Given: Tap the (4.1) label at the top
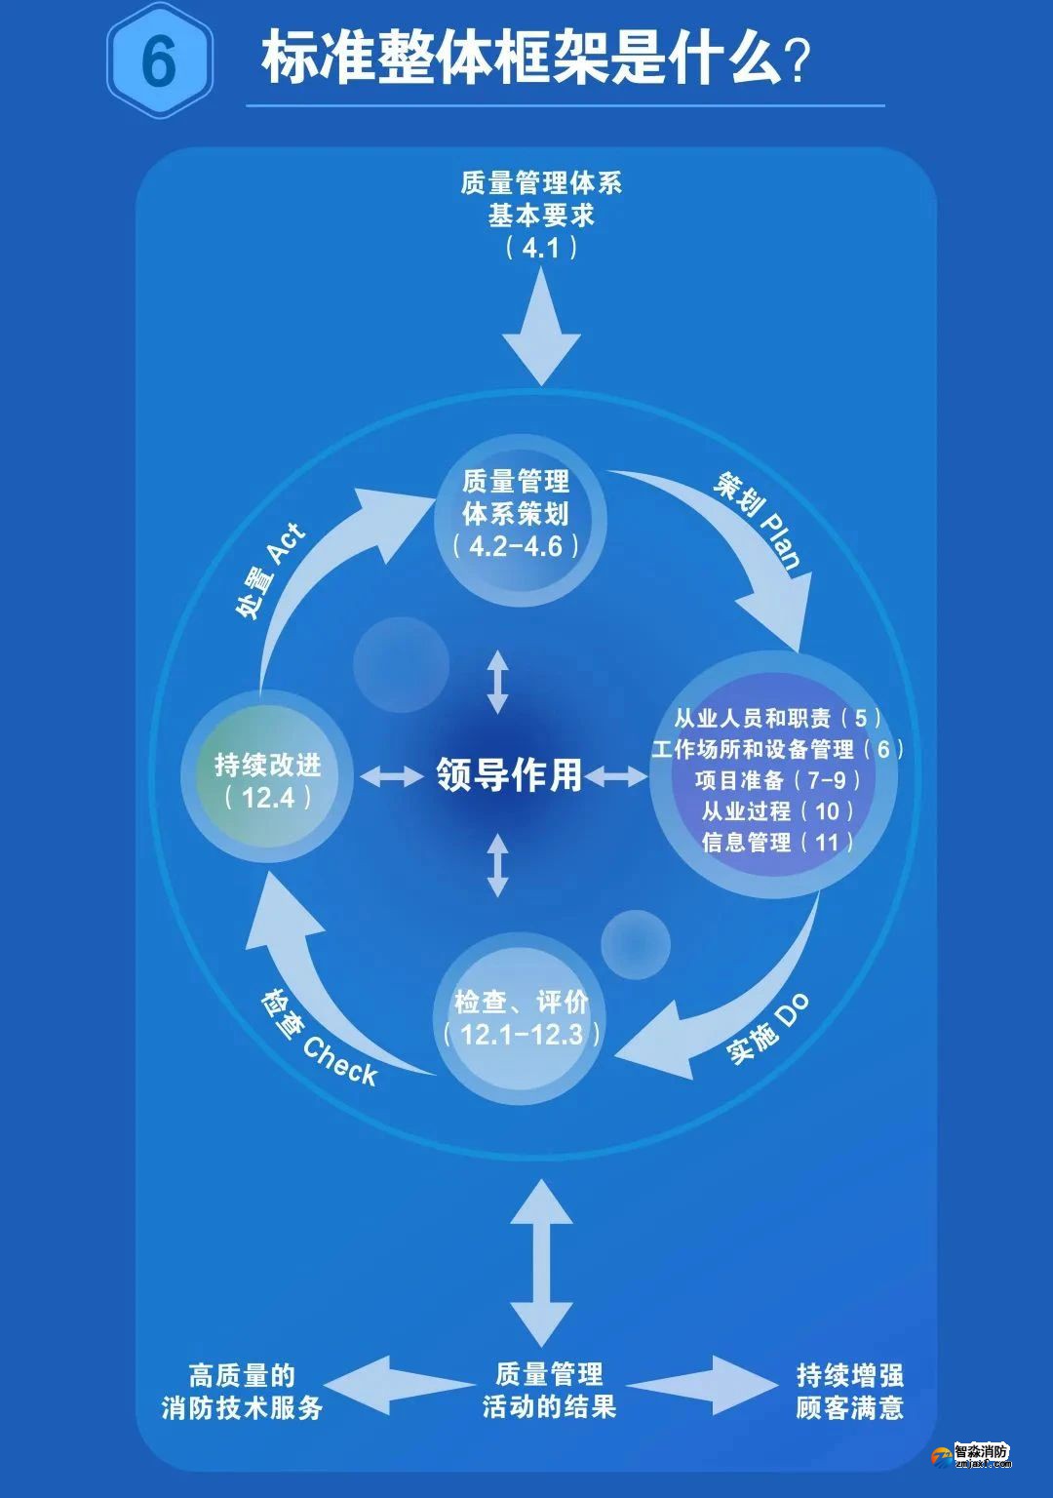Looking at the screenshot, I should pyautogui.click(x=541, y=248).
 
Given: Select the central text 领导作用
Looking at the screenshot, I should pyautogui.click(x=509, y=775).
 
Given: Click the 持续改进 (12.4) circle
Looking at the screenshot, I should pyautogui.click(x=267, y=780).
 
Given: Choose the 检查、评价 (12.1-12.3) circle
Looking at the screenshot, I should pyautogui.click(x=517, y=1018).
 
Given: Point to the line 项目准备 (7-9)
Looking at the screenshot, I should pyautogui.click(x=777, y=780).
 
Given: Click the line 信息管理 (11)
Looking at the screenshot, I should pyautogui.click(x=777, y=843).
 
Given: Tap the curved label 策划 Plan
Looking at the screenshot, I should pyautogui.click(x=760, y=521).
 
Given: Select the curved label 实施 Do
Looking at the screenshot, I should pyautogui.click(x=767, y=1030).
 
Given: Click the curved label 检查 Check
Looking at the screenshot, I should pyautogui.click(x=319, y=1038).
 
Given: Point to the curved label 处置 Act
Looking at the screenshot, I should pyautogui.click(x=270, y=571).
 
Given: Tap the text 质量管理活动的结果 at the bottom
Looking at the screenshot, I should pyautogui.click(x=549, y=1391).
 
